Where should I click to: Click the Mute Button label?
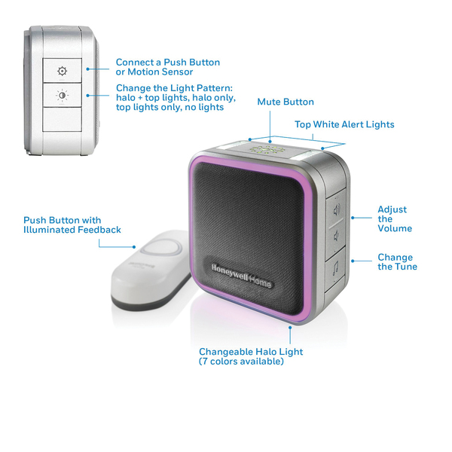pyautogui.click(x=286, y=102)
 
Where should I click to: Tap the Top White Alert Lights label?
pyautogui.click(x=344, y=124)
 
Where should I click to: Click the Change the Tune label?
pyautogui.click(x=396, y=262)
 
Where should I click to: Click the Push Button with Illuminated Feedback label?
pyautogui.click(x=72, y=224)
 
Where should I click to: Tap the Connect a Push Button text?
pyautogui.click(x=168, y=63)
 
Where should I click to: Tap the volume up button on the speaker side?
pyautogui.click(x=336, y=208)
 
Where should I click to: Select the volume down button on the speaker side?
pyautogui.click(x=336, y=235)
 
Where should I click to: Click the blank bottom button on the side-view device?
pyautogui.click(x=63, y=121)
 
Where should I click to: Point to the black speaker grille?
pyautogui.click(x=256, y=226)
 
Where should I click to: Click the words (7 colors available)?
pyautogui.click(x=241, y=362)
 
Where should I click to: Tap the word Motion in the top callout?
pyautogui.click(x=148, y=72)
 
